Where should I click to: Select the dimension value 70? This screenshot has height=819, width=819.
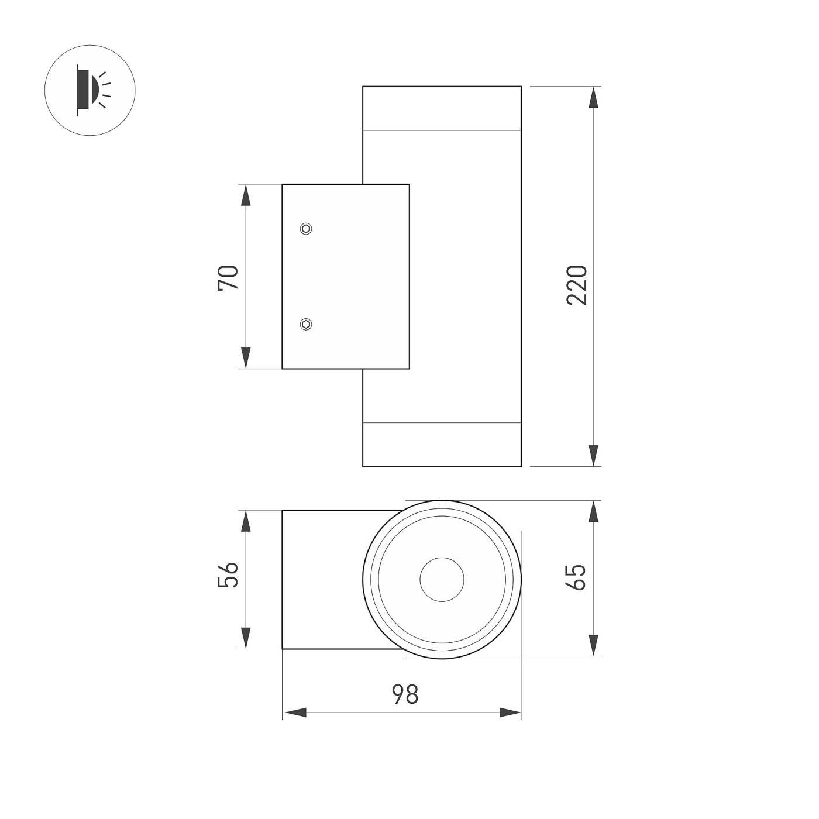pyautogui.click(x=228, y=277)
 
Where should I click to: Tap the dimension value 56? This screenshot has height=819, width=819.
pyautogui.click(x=228, y=574)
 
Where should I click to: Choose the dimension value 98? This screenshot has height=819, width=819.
pyautogui.click(x=405, y=694)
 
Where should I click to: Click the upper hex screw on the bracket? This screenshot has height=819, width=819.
pyautogui.click(x=306, y=229)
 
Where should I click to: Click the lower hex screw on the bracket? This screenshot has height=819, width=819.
pyautogui.click(x=306, y=324)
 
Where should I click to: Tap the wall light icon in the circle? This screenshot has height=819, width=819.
pyautogui.click(x=93, y=90)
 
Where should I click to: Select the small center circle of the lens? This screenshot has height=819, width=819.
pyautogui.click(x=442, y=579)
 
